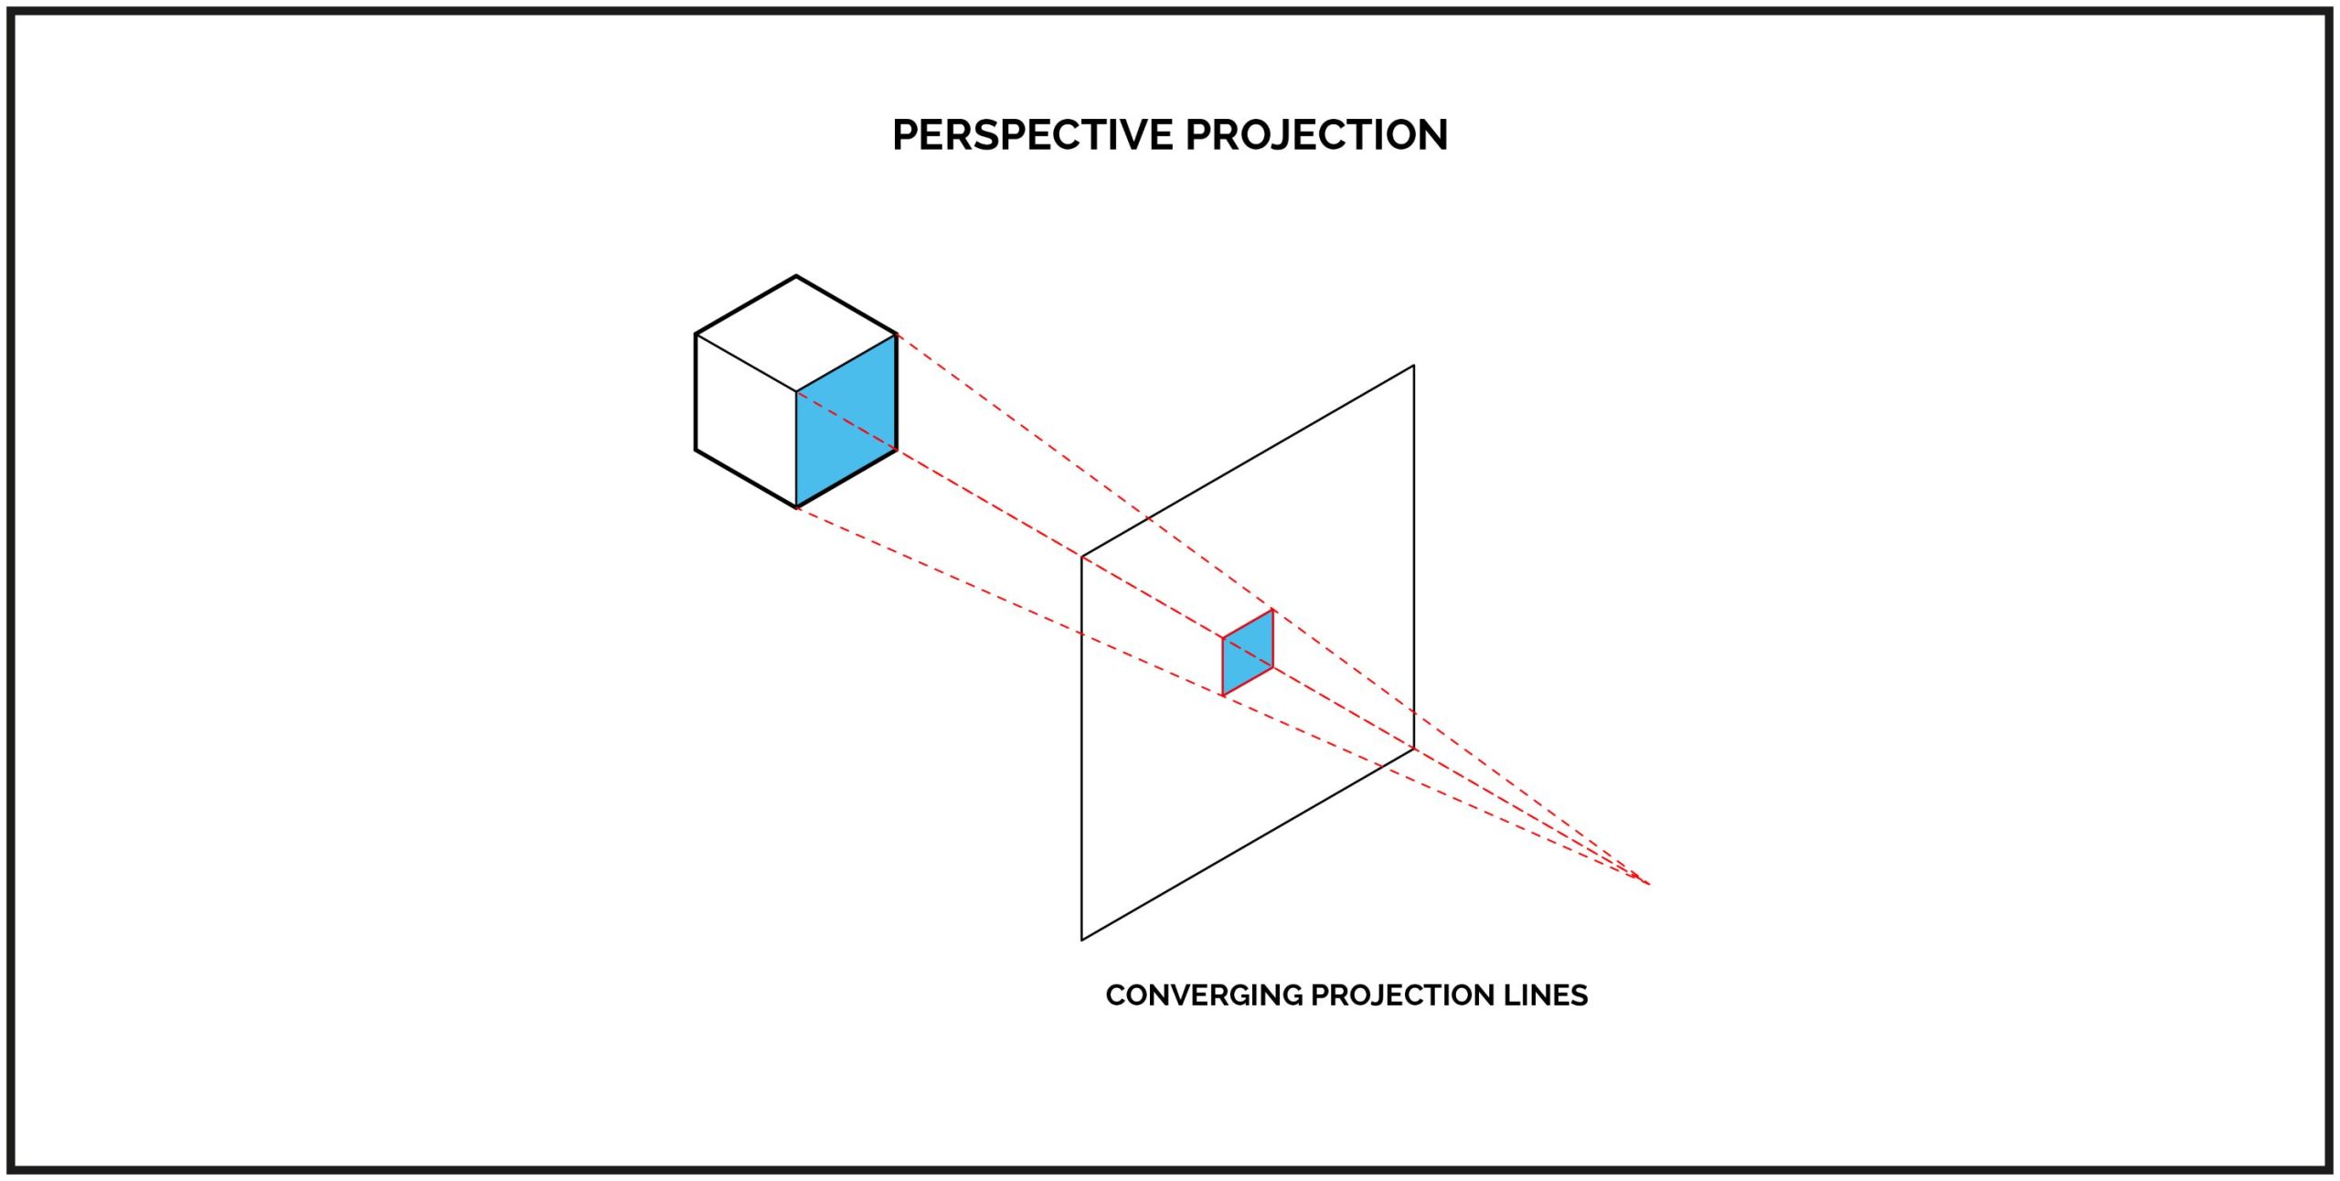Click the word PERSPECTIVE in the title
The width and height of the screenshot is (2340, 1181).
pyautogui.click(x=1033, y=135)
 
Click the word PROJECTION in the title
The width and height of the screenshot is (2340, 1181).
pyautogui.click(x=1317, y=135)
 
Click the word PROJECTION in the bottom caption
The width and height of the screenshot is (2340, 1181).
pyautogui.click(x=1402, y=995)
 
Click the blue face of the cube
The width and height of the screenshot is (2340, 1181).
pyautogui.click(x=846, y=420)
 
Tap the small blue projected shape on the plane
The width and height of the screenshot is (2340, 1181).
pyautogui.click(x=1248, y=653)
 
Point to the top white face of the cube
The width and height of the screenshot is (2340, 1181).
pyautogui.click(x=796, y=334)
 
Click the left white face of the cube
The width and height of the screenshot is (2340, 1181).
pyautogui.click(x=746, y=420)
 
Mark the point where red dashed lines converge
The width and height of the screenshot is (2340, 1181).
pyautogui.click(x=1648, y=884)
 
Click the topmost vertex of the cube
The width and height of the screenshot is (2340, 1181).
pyautogui.click(x=796, y=276)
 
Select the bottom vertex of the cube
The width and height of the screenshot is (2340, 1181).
pyautogui.click(x=796, y=507)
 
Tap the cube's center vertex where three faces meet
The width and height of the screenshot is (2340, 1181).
pyautogui.click(x=796, y=392)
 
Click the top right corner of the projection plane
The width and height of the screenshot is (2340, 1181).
pyautogui.click(x=1414, y=366)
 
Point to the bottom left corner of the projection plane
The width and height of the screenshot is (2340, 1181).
pyautogui.click(x=1082, y=940)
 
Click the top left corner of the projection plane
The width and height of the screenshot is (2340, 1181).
pyautogui.click(x=1082, y=557)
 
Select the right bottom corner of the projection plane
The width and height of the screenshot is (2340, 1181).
pyautogui.click(x=1414, y=749)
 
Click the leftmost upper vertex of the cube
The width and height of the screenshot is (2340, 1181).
pyautogui.click(x=696, y=335)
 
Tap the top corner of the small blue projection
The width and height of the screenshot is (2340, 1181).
pyautogui.click(x=1272, y=610)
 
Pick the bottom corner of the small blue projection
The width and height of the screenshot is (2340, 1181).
pyautogui.click(x=1223, y=696)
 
